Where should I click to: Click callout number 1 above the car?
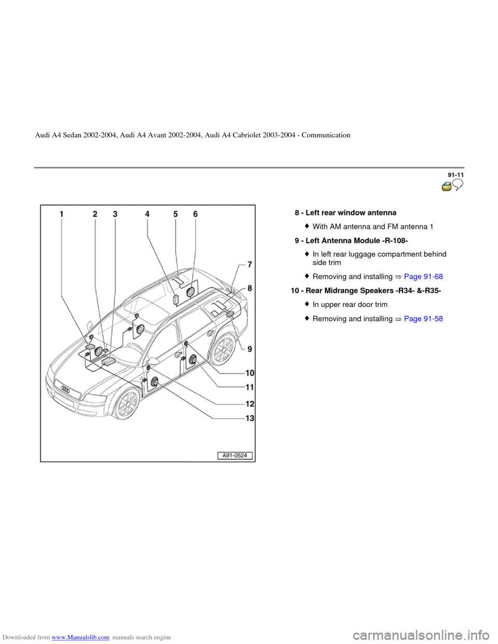(61, 213)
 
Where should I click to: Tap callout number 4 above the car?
(147, 213)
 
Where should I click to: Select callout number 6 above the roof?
(196, 213)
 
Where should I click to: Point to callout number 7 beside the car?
(250, 265)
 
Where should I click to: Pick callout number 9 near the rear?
(250, 349)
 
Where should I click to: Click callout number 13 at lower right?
(250, 418)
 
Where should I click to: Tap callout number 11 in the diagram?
(250, 387)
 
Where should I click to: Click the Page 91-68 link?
(423, 276)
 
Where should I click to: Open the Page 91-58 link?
(423, 318)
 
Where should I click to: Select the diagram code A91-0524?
(235, 456)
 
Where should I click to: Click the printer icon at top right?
(447, 187)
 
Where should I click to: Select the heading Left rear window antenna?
(351, 213)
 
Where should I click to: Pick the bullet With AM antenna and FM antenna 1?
(373, 227)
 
